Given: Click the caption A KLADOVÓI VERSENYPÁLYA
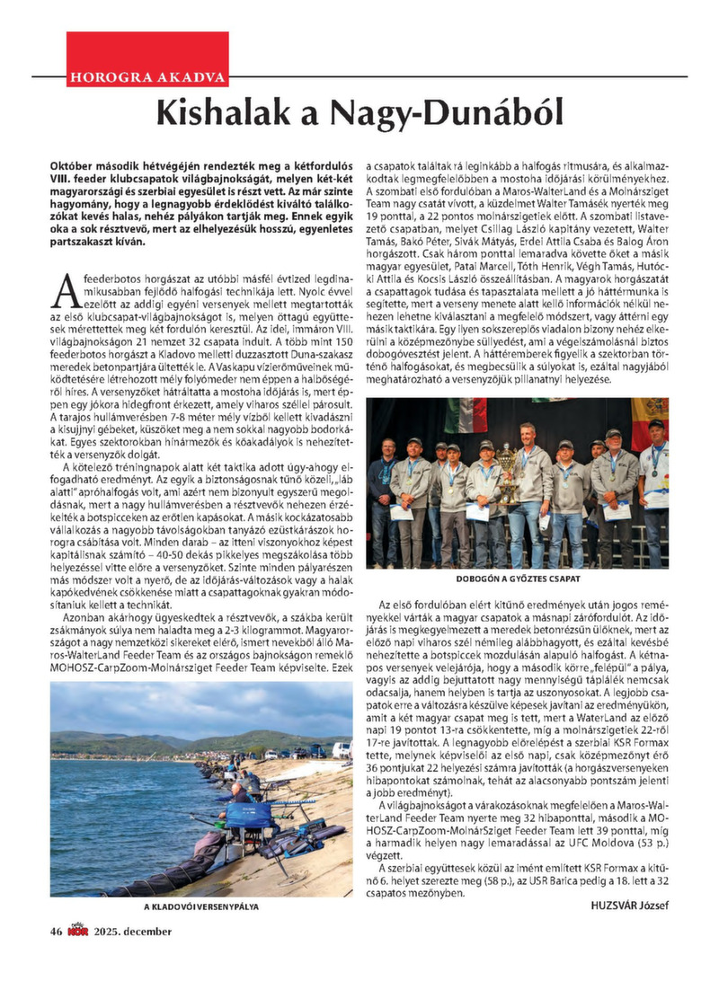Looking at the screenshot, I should tap(201, 906).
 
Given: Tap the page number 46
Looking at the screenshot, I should tap(56, 931).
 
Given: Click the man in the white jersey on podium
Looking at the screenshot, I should tap(654, 485).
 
